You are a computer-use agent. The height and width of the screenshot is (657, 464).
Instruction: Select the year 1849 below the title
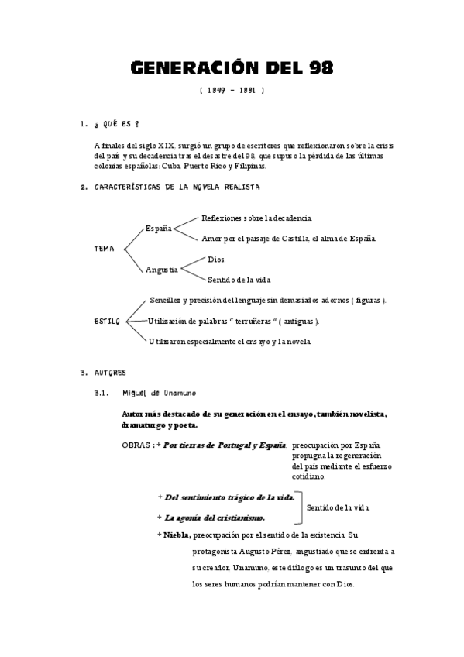click(218, 91)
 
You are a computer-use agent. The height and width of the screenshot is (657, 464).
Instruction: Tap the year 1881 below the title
click(247, 91)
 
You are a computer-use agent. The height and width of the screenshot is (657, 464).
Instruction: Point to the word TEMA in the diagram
click(104, 249)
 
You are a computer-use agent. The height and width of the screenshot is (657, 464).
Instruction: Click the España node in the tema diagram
click(159, 228)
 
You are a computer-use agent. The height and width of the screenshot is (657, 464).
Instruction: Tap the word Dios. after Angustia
click(217, 260)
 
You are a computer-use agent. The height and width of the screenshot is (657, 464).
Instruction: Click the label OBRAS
click(136, 445)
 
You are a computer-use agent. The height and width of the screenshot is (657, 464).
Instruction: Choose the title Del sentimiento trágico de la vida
click(229, 497)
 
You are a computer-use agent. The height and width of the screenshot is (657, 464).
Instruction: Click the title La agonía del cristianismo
click(215, 517)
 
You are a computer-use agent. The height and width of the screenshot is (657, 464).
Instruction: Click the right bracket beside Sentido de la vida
click(300, 507)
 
